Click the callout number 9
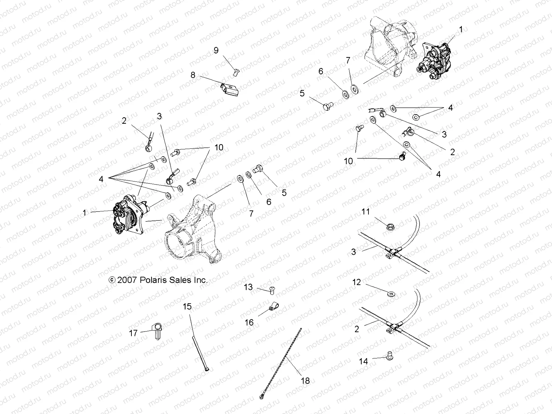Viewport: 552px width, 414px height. [x=216, y=51]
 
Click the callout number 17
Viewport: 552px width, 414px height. [x=134, y=333]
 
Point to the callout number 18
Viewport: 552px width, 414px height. [x=305, y=381]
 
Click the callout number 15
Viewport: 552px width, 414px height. [x=187, y=306]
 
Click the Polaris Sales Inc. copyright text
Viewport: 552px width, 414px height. [x=158, y=280]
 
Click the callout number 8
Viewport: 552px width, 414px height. [x=193, y=75]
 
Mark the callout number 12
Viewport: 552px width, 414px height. [x=356, y=282]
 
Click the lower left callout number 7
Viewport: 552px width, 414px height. [x=251, y=214]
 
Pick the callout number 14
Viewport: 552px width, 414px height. [x=363, y=361]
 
